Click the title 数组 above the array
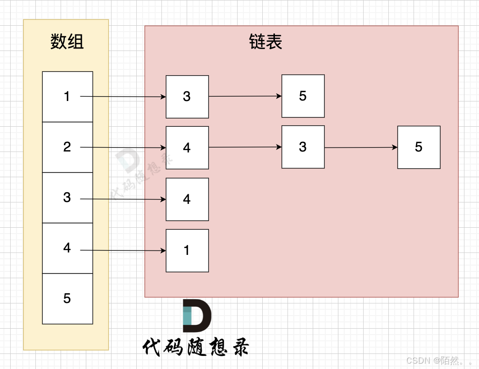coord(67,42)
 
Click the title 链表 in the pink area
coord(266,42)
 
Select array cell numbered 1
coord(67,97)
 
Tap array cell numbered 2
coord(67,147)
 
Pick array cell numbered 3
coord(67,198)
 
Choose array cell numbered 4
coord(67,248)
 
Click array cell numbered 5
coord(67,299)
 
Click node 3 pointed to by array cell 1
coord(187,97)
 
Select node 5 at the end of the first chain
coord(303,96)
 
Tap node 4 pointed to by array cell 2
coord(187,148)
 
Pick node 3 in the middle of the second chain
coord(303,147)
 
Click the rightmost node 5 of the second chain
coord(419,147)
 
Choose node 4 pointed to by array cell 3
coord(187,199)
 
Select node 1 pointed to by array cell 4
coord(187,251)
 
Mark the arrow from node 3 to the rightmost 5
coord(361,147)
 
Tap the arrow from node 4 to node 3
coord(245,147)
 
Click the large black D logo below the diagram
coord(196,316)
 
